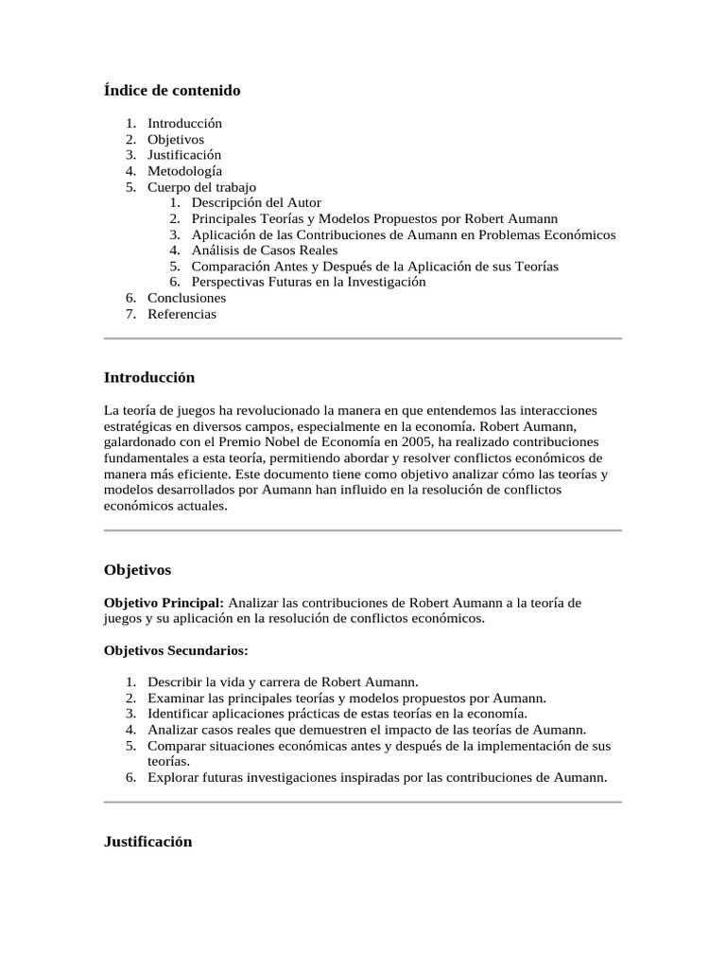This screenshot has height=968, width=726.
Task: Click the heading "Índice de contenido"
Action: [171, 91]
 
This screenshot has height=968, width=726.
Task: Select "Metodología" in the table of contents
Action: [184, 171]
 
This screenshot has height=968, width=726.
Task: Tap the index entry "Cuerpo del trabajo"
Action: [201, 187]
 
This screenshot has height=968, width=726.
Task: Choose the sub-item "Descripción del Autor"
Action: [256, 202]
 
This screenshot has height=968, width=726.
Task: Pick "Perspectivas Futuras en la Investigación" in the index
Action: [308, 282]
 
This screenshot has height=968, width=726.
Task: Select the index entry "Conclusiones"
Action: [186, 298]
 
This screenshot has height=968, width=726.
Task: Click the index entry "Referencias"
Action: [181, 314]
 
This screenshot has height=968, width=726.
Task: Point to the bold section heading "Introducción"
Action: [148, 378]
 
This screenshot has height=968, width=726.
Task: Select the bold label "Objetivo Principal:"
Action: [164, 602]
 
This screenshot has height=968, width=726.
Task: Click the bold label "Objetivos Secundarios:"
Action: [175, 650]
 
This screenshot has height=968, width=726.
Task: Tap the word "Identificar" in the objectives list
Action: [179, 714]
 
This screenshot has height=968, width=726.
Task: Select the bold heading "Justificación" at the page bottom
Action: [147, 841]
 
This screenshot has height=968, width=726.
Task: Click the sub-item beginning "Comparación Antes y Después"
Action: [374, 267]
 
